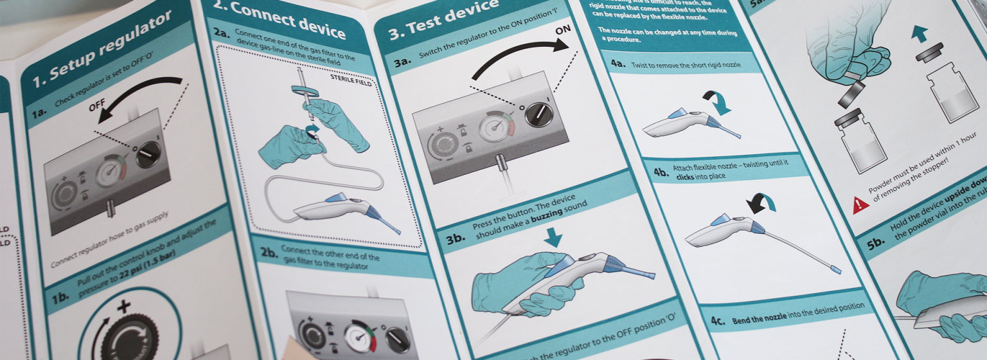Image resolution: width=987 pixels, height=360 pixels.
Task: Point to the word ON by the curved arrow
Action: point(563,31)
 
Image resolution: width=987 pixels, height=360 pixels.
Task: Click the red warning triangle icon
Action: point(860,206)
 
